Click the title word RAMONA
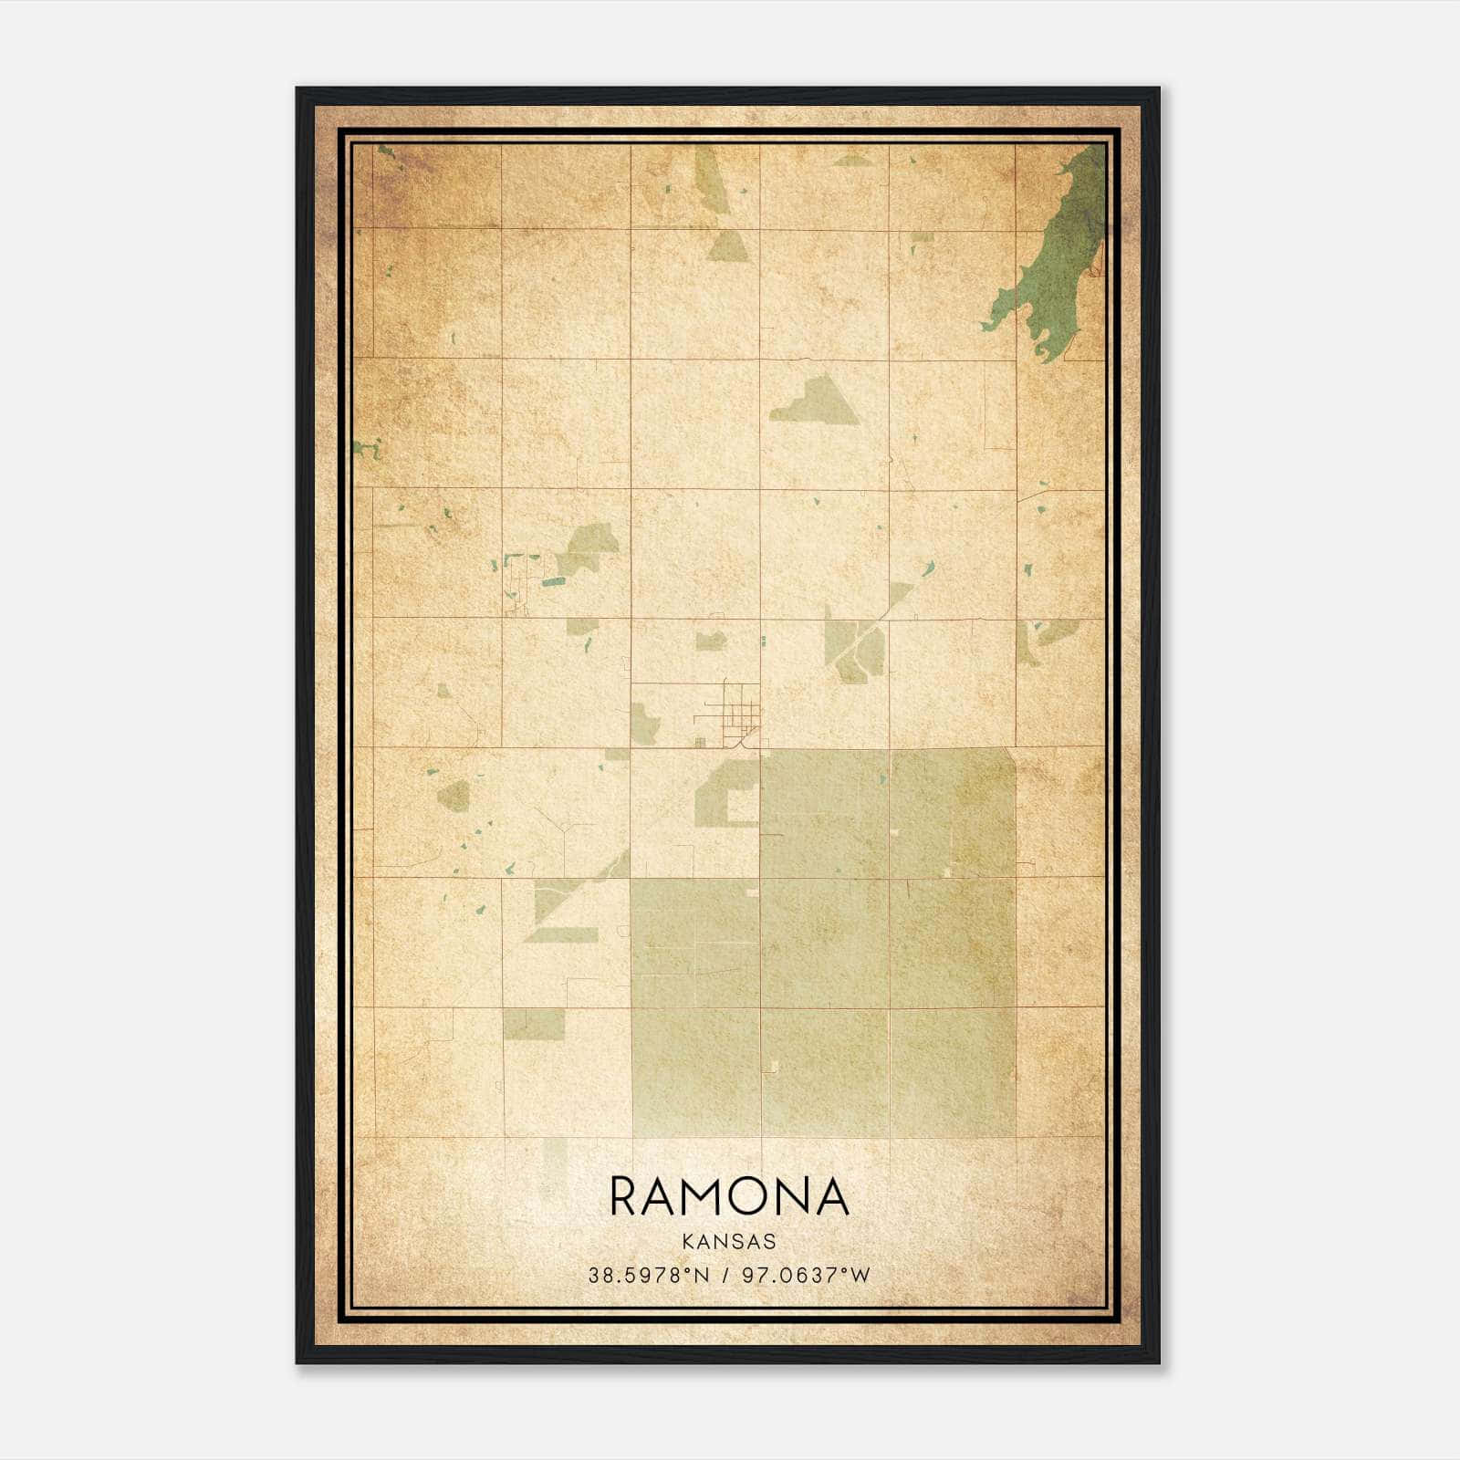point(729,1196)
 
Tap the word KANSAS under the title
point(729,1241)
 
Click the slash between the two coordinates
point(725,1275)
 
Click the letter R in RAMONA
point(625,1196)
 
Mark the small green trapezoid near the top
point(727,246)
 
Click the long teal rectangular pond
point(553,580)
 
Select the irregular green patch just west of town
point(644,725)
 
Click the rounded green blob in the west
point(453,797)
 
